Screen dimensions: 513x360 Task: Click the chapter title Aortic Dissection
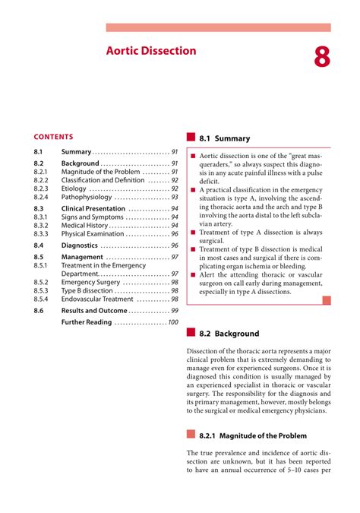click(150, 51)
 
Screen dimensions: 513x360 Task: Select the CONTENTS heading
click(53, 137)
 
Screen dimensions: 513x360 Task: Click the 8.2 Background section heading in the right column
click(228, 334)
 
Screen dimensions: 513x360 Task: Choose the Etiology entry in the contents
click(74, 188)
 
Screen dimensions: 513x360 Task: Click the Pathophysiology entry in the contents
click(87, 197)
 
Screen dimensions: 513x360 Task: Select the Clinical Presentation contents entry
click(93, 208)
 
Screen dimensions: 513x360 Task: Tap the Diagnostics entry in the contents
click(79, 245)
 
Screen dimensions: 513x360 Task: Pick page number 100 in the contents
click(173, 322)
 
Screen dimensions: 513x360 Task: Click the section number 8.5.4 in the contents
click(41, 299)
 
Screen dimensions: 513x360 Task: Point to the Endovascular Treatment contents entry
click(96, 299)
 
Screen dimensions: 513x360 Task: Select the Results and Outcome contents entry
click(94, 311)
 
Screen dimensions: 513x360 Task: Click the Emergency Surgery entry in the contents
click(90, 282)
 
